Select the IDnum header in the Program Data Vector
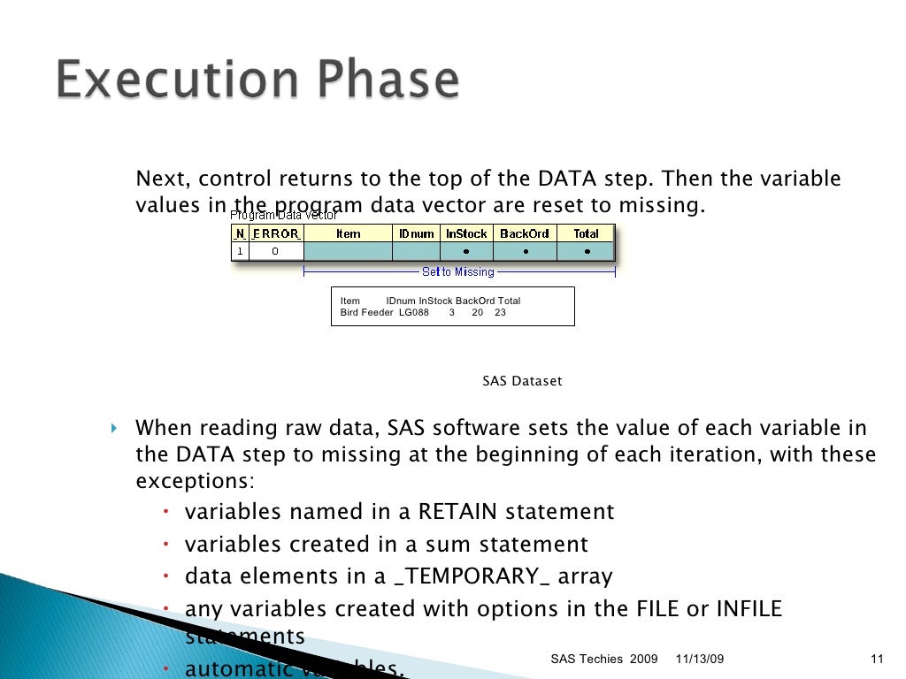[416, 233]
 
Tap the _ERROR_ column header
[275, 233]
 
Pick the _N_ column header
[240, 233]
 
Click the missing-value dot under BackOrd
[524, 251]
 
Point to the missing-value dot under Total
[586, 251]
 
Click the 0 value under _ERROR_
[275, 251]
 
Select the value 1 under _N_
[240, 251]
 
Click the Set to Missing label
[458, 271]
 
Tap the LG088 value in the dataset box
[413, 313]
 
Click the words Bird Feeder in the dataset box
[366, 313]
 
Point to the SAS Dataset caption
[522, 381]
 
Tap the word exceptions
[194, 482]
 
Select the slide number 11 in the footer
[878, 660]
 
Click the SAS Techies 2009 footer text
[604, 660]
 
